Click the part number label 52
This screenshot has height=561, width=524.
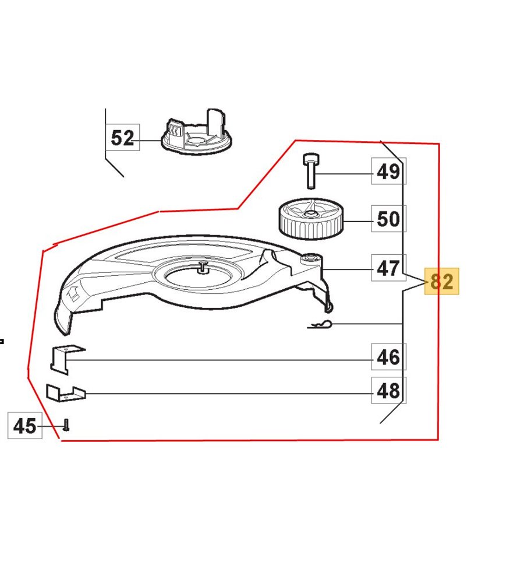coord(122,138)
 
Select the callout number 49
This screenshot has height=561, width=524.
coord(388,171)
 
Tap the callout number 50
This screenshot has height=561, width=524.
coord(388,218)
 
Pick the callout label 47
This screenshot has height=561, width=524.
coord(388,268)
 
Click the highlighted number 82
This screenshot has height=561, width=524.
coord(441,281)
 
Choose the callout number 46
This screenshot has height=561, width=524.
coord(388,357)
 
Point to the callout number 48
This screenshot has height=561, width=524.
coord(388,390)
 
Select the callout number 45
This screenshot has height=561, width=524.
coord(25,425)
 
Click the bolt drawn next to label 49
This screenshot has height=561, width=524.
coord(311,171)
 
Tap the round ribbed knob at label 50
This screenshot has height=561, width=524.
coord(310,219)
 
